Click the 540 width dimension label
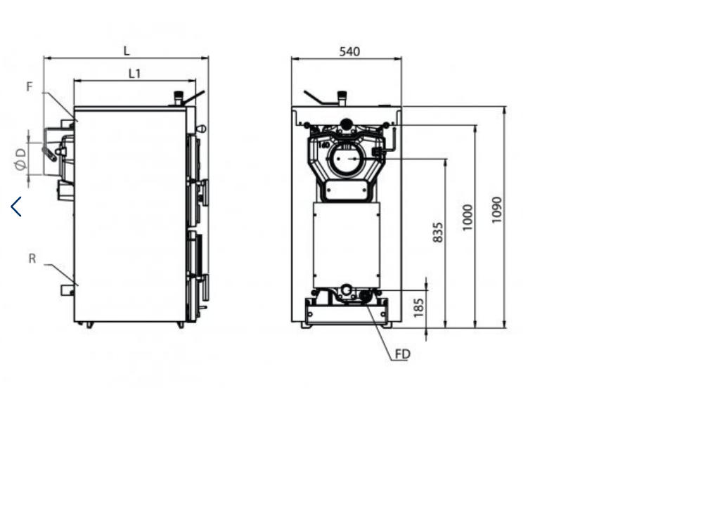pyautogui.click(x=349, y=51)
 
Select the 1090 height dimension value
pyautogui.click(x=496, y=209)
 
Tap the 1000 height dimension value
pyautogui.click(x=467, y=217)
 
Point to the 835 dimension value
pyautogui.click(x=437, y=232)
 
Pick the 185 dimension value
pyautogui.click(x=418, y=308)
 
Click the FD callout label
pyautogui.click(x=402, y=354)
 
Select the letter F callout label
pyautogui.click(x=30, y=86)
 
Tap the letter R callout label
pyautogui.click(x=32, y=259)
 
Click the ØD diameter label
pyautogui.click(x=20, y=160)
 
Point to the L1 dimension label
pyautogui.click(x=134, y=74)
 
